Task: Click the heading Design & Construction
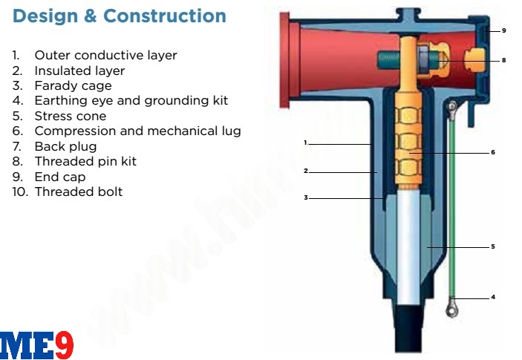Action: (x=120, y=16)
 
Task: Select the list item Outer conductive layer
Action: (x=105, y=56)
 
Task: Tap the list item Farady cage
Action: (x=73, y=86)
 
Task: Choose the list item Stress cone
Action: (x=70, y=116)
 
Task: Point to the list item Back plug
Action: (x=65, y=146)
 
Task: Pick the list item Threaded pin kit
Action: (x=85, y=161)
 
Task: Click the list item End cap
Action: (x=59, y=177)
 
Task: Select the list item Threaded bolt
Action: (x=78, y=192)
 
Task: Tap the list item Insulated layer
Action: (x=79, y=71)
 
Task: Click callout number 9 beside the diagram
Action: (x=503, y=30)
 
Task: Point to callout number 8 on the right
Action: (x=503, y=59)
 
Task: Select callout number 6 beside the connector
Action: (x=492, y=152)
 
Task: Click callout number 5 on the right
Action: (x=492, y=246)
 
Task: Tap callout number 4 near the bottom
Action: (x=492, y=297)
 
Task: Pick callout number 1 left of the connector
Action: (x=305, y=142)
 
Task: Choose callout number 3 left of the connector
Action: (x=305, y=197)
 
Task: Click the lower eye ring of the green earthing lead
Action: (x=451, y=306)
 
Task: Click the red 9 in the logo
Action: (x=64, y=345)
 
